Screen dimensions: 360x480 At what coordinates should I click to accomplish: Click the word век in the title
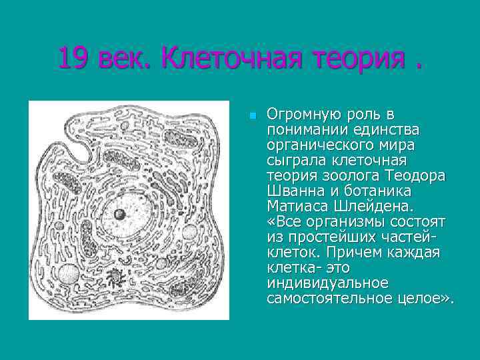[x=125, y=60]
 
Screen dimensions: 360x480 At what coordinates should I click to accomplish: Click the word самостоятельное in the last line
[x=319, y=298]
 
